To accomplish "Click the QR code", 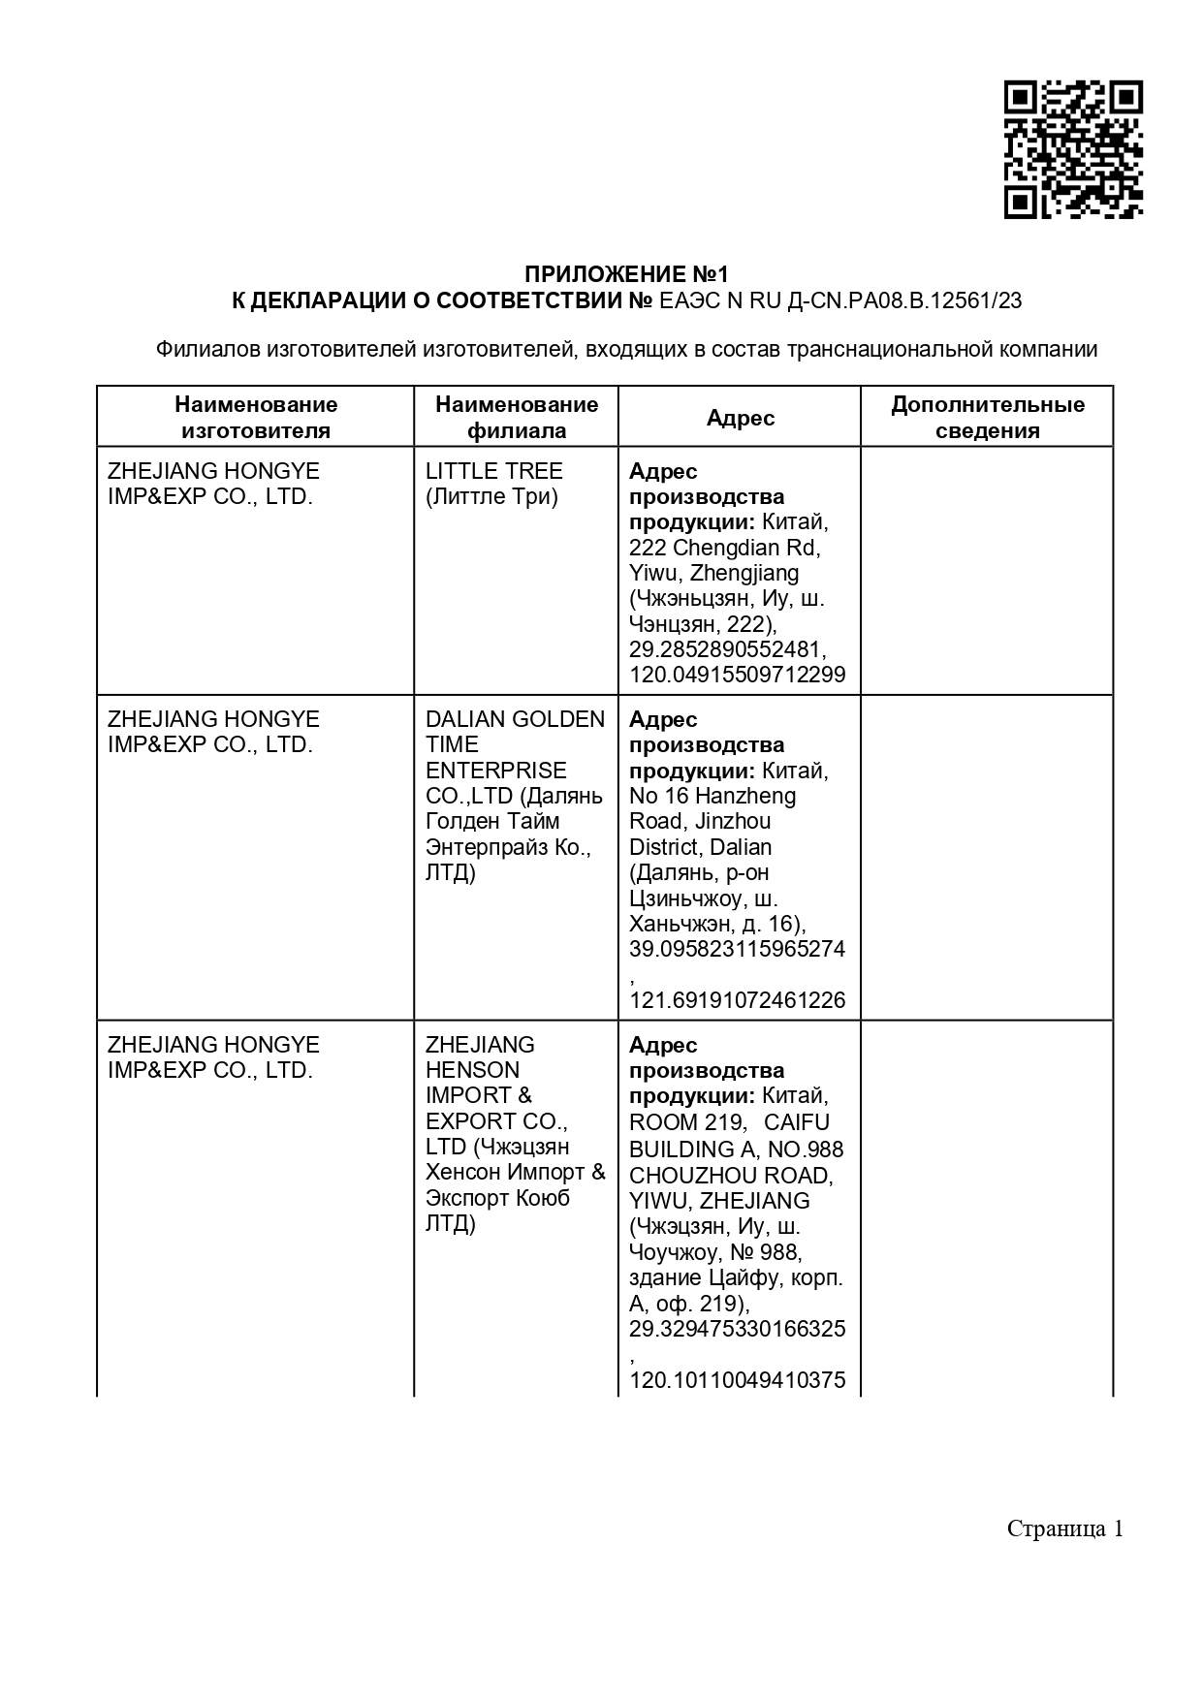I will click(x=1072, y=149).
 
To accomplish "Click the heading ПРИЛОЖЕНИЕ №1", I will click(x=625, y=274).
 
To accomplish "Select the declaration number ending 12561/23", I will click(x=839, y=300).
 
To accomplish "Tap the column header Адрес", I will click(x=740, y=418).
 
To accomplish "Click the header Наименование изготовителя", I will click(x=256, y=418).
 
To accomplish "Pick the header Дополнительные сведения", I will click(x=987, y=418).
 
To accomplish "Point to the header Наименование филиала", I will click(x=517, y=418).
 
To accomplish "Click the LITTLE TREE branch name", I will click(x=493, y=471).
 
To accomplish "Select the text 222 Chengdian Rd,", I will click(x=724, y=548).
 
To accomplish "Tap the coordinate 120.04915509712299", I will click(x=737, y=675).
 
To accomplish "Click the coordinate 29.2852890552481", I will click(x=727, y=649).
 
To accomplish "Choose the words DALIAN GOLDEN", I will click(x=515, y=719).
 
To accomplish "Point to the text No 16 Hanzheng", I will click(x=712, y=796).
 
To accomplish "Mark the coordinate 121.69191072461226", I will click(x=737, y=1000).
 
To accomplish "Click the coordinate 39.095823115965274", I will click(x=737, y=949).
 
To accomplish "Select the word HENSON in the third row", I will click(x=472, y=1070).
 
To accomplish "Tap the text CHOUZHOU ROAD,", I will click(x=731, y=1176).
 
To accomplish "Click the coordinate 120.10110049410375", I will click(x=737, y=1379).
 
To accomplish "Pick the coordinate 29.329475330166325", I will click(x=737, y=1328).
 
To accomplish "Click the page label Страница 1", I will click(x=1064, y=1528).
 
